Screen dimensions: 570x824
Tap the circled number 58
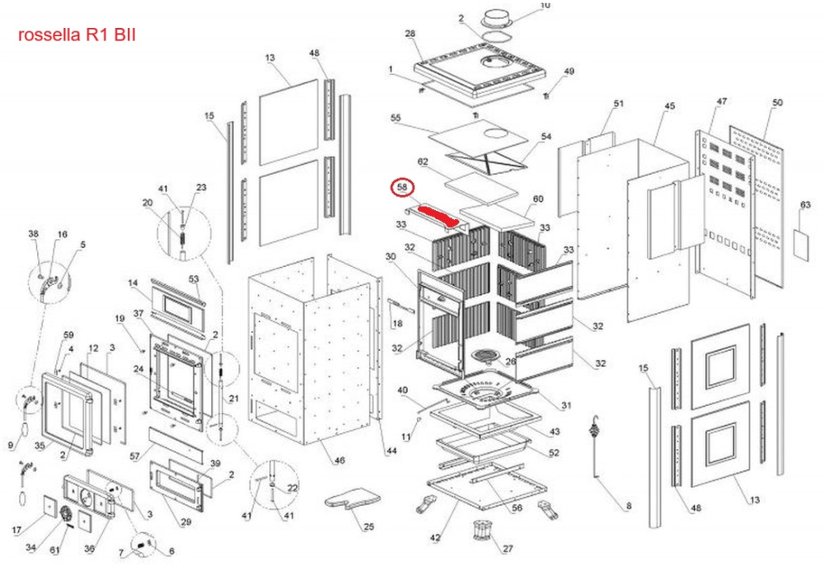pos(402,189)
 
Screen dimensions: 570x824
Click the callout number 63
pos(805,204)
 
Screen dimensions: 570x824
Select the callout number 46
pos(339,460)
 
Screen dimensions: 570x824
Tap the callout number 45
pos(669,106)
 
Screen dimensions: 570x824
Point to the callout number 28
pos(410,34)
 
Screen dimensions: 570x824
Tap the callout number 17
pos(16,529)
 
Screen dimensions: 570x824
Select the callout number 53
pos(194,279)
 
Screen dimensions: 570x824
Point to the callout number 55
pos(396,119)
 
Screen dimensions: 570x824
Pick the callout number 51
pos(619,104)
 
